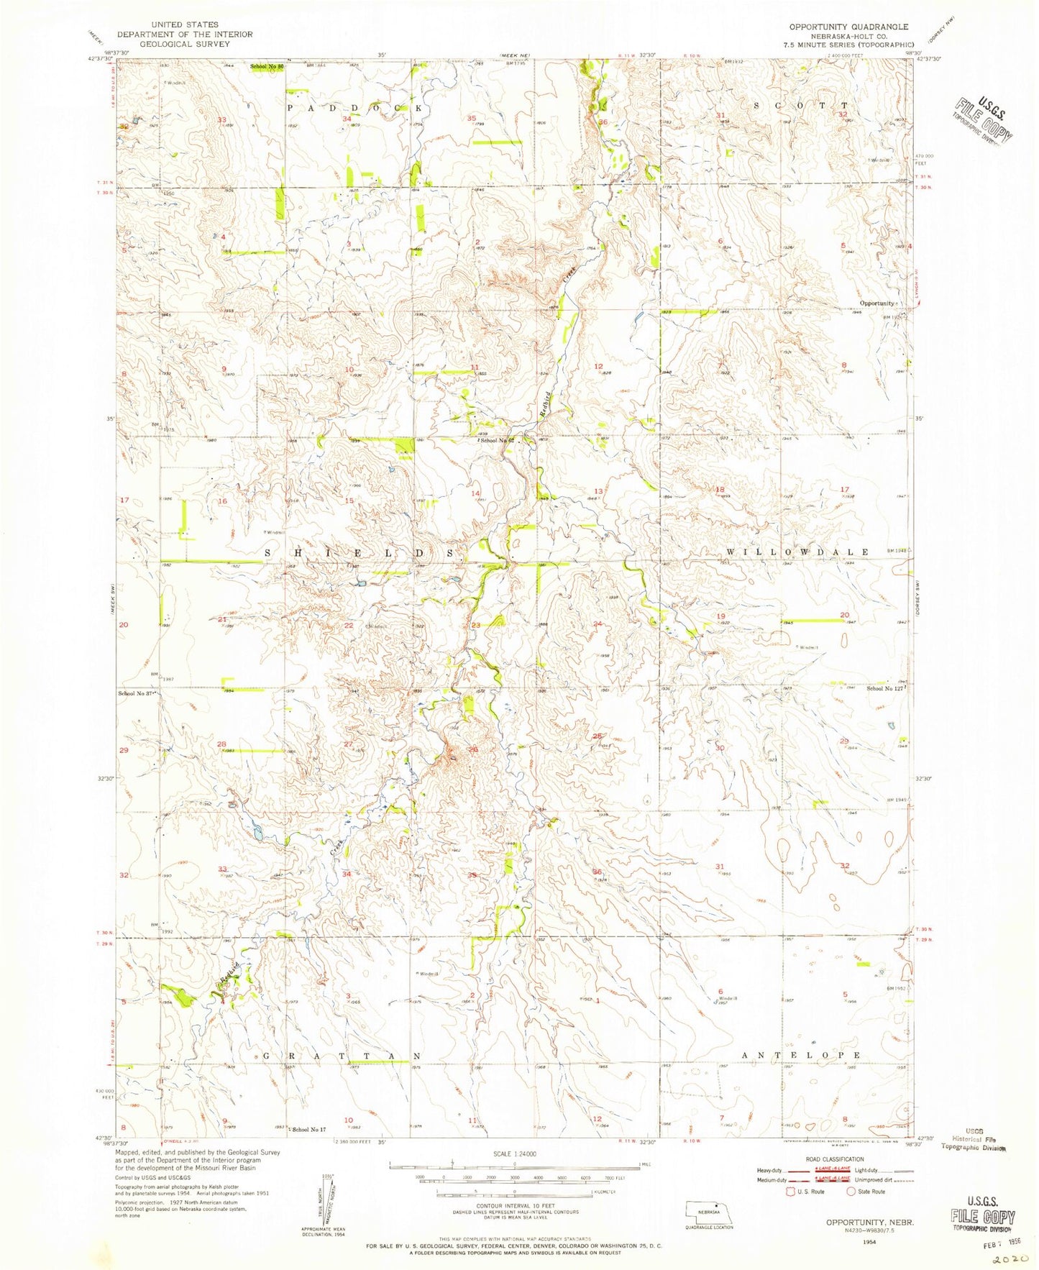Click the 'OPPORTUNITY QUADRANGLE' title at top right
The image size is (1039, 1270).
pyautogui.click(x=848, y=27)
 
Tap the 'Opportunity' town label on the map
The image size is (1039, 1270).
pyautogui.click(x=876, y=303)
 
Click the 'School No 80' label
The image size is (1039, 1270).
pyautogui.click(x=267, y=67)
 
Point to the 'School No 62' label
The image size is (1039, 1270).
pyautogui.click(x=498, y=440)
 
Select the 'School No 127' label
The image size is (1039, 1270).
pyautogui.click(x=884, y=688)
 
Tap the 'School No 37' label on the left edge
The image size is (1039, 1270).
pyautogui.click(x=137, y=693)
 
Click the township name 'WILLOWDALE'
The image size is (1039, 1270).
pyautogui.click(x=797, y=552)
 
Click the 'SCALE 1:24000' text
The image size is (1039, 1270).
pyautogui.click(x=514, y=1153)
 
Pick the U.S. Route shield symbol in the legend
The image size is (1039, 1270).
pyautogui.click(x=792, y=1192)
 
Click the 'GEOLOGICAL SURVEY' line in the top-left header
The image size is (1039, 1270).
pyautogui.click(x=185, y=44)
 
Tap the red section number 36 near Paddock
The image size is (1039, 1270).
pyautogui.click(x=603, y=122)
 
